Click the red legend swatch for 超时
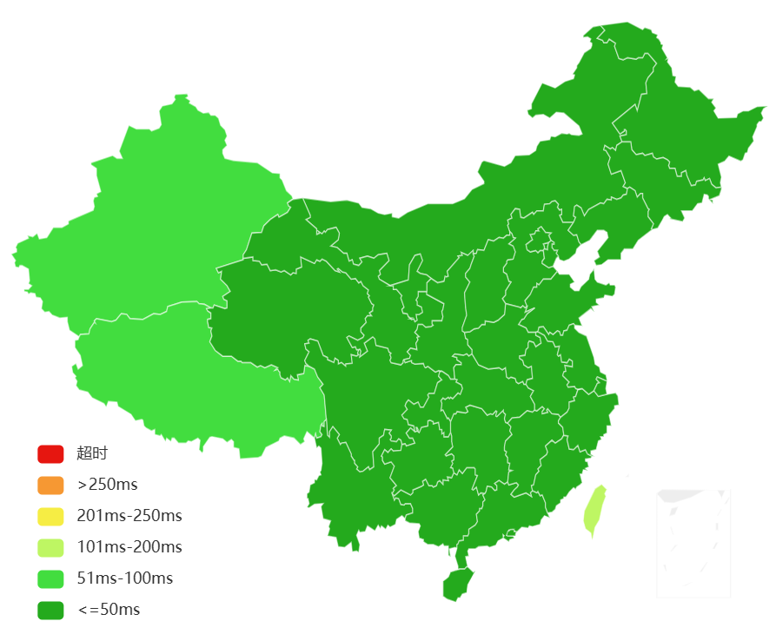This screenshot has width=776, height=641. [x=50, y=453]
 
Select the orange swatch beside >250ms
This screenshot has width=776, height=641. [x=50, y=485]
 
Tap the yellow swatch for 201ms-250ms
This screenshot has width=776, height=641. [x=50, y=516]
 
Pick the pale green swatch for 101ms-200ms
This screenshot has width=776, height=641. [x=50, y=547]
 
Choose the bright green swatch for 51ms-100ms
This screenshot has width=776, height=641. [x=50, y=578]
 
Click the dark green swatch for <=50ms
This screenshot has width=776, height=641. [x=50, y=610]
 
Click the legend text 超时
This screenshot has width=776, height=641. [x=92, y=453]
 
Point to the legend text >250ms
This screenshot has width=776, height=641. [x=108, y=485]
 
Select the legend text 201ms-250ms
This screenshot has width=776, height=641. [x=129, y=516]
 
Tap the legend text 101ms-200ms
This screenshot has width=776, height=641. [x=129, y=547]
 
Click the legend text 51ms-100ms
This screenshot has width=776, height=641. [x=125, y=578]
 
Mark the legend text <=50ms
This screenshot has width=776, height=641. [x=109, y=610]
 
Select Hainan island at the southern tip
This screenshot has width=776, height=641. [x=457, y=584]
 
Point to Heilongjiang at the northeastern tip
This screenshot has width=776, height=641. [x=678, y=130]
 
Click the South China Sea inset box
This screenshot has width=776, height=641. [x=693, y=543]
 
